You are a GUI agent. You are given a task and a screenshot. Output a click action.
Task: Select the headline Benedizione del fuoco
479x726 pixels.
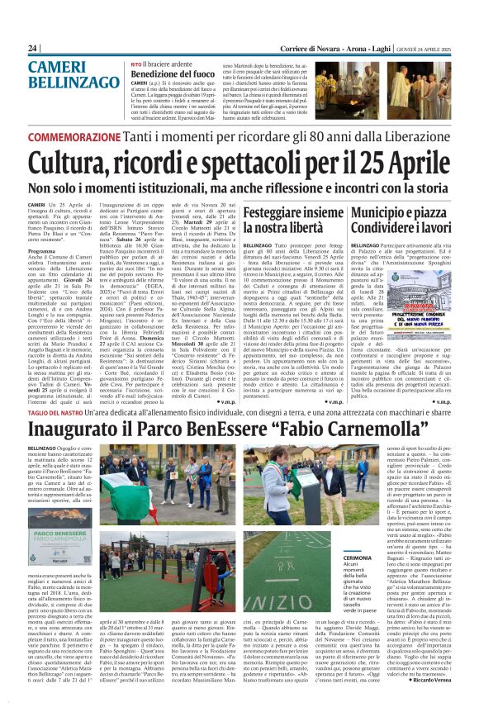pos(167,74)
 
